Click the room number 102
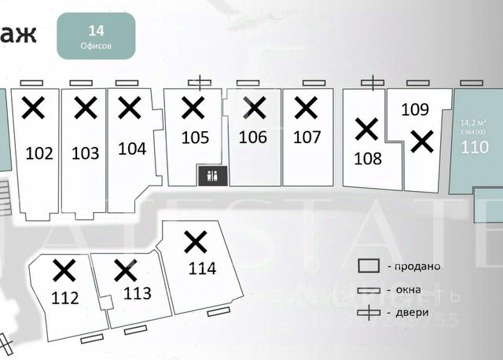[39, 153]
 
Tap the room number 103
[86, 153]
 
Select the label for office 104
[132, 148]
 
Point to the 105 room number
[195, 138]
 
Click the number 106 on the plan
[252, 138]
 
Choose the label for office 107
[307, 138]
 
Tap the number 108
[367, 158]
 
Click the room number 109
[415, 110]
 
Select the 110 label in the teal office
[474, 146]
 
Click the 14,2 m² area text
[473, 123]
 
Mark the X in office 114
[195, 241]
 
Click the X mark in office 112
[63, 270]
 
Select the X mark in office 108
[366, 127]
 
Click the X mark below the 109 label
[422, 141]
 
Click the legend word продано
[413, 266]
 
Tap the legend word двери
[412, 313]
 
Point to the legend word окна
[409, 290]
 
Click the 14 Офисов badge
[97, 36]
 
